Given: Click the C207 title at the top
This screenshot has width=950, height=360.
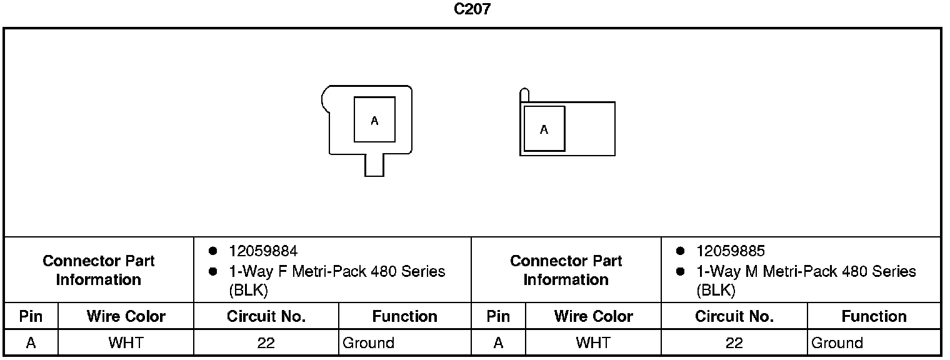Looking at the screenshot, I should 472,10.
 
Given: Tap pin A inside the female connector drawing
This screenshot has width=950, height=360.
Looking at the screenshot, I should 374,120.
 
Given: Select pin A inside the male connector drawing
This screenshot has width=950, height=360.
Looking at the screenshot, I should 544,129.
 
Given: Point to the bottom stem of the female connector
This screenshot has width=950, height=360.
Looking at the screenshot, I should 374,166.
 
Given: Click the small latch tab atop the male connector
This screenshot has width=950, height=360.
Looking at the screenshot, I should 524,95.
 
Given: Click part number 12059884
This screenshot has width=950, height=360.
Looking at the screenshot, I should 263,251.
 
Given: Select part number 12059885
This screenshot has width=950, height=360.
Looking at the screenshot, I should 731,251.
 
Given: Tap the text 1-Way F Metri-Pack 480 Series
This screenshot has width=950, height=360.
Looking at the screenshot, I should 337,272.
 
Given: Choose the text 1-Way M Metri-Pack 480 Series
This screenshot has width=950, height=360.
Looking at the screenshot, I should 806,272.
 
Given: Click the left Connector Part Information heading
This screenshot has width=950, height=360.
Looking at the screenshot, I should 99,270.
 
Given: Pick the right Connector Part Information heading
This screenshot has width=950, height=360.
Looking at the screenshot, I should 566,270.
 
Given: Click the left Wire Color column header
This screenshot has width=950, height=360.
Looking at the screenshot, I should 126,316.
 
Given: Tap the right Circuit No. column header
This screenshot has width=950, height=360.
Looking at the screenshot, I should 734,316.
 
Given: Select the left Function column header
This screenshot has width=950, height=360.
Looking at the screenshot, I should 404,316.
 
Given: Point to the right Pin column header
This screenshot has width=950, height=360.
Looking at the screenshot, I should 498,316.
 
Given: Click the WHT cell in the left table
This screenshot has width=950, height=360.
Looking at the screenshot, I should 126,342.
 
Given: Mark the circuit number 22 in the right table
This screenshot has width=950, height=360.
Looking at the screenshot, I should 734,342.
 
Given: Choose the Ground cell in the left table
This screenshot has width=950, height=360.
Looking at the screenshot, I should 368,342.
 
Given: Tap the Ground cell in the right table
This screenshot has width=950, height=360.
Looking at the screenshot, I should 837,342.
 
